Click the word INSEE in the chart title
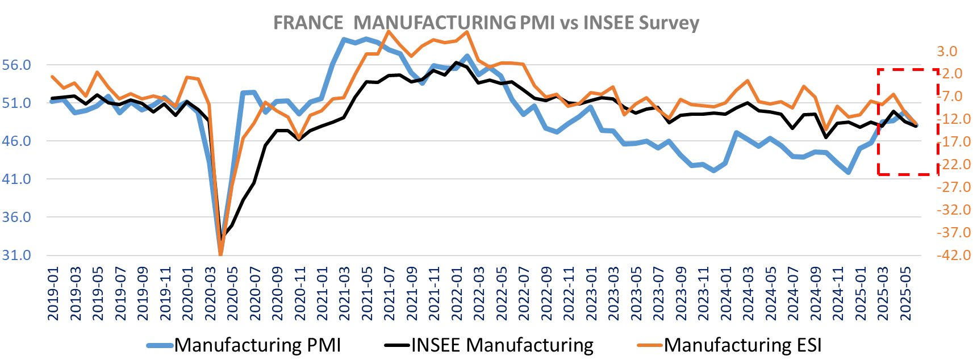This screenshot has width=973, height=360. pos(608,23)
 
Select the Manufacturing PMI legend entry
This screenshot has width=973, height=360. pos(257,345)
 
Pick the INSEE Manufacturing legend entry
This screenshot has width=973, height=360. pos(502,345)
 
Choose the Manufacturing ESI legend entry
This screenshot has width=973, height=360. pos(743,345)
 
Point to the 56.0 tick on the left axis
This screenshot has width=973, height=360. pos(16,65)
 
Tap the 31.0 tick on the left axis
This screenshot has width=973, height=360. pos(16,256)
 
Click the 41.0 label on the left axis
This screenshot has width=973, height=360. pos(16,179)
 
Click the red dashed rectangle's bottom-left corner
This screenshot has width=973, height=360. pos(878,174)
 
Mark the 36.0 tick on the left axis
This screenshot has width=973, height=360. pos(16,217)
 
